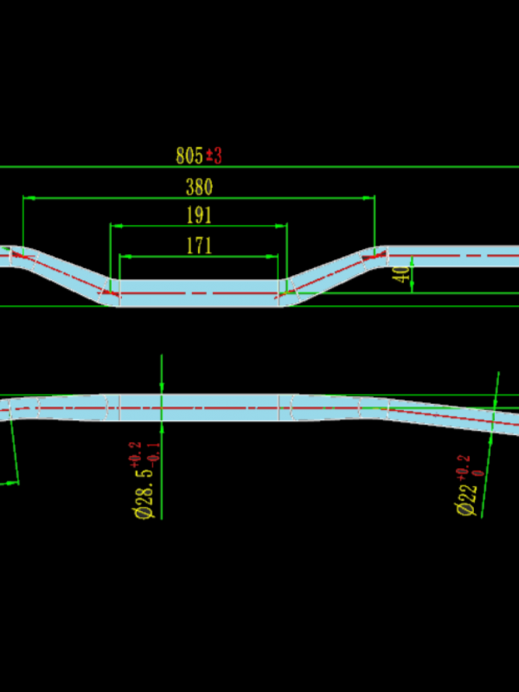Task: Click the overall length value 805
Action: (x=189, y=156)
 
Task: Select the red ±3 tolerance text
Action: (x=215, y=156)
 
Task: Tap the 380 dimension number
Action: (x=199, y=187)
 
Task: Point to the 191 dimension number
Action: (x=199, y=215)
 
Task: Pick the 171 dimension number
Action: (x=199, y=246)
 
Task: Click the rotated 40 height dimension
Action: (x=400, y=276)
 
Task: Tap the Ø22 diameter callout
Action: (x=467, y=499)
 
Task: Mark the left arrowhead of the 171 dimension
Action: (x=124, y=256)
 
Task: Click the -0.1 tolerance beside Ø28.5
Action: (x=153, y=453)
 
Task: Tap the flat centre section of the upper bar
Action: (x=199, y=293)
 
